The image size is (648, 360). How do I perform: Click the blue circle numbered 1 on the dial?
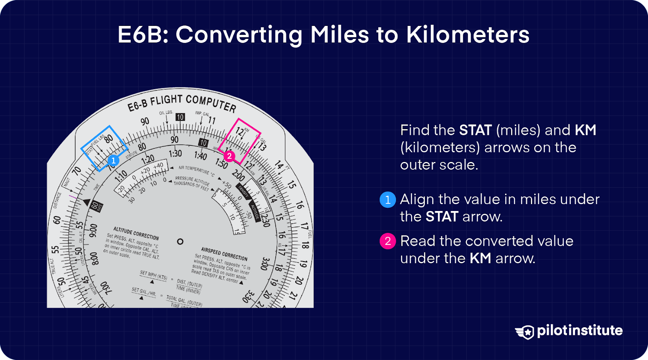click(113, 160)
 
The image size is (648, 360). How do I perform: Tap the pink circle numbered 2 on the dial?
click(229, 156)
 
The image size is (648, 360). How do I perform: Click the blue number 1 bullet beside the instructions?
click(388, 200)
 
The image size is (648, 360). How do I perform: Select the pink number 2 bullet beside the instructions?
click(388, 241)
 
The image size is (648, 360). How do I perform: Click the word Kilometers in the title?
click(468, 35)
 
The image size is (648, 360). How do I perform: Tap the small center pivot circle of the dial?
click(180, 241)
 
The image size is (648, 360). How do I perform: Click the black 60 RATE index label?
click(96, 206)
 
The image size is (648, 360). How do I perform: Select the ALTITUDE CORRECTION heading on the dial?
click(136, 233)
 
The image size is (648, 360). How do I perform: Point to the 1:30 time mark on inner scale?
click(175, 153)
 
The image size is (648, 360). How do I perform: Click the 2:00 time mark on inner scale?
click(238, 176)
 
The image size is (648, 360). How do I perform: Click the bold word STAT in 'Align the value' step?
click(442, 217)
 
